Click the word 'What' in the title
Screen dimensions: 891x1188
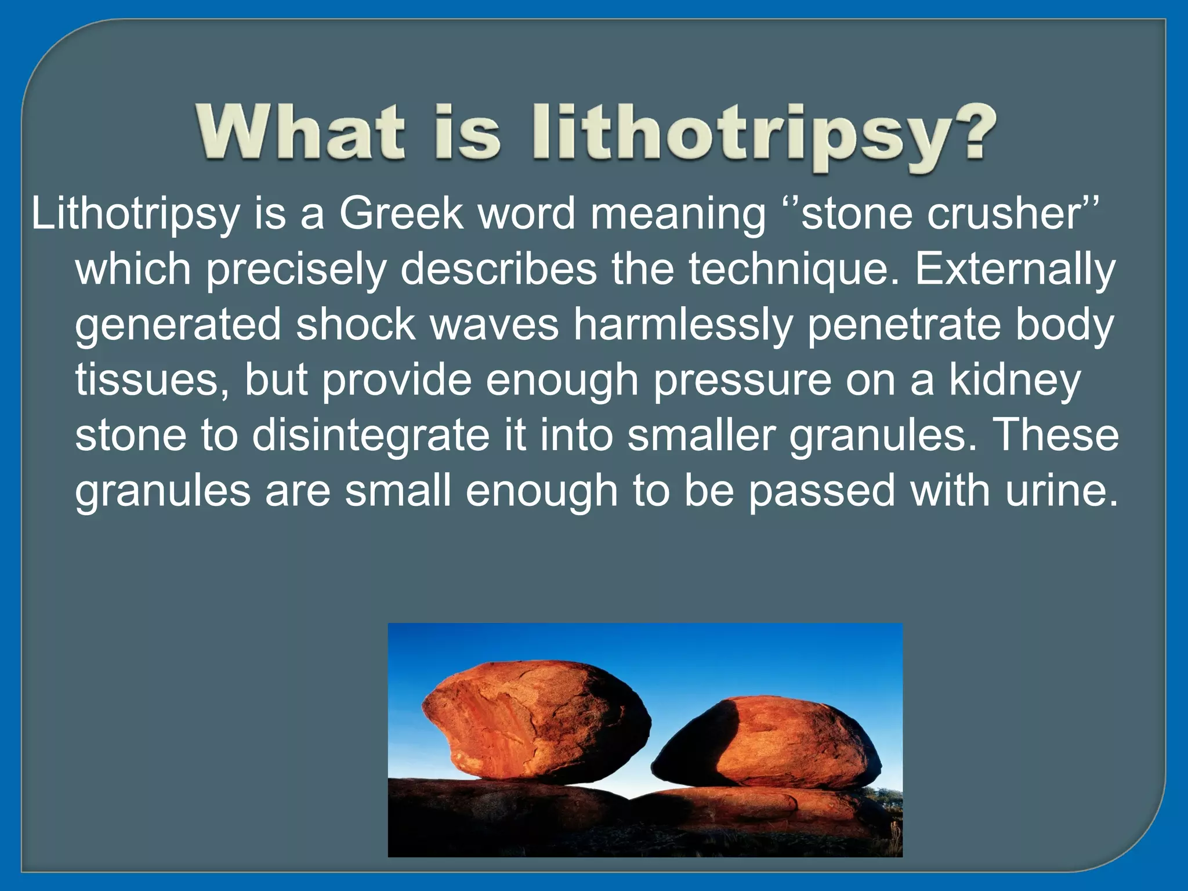(x=299, y=132)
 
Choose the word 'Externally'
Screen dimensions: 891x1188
(x=1015, y=269)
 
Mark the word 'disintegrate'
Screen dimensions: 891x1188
(x=371, y=436)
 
